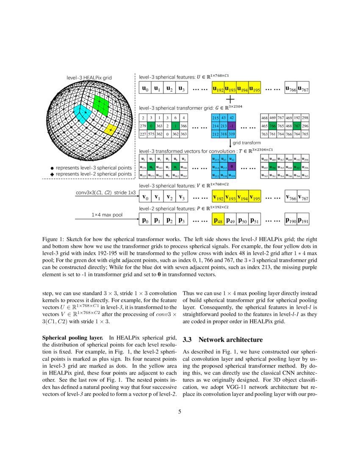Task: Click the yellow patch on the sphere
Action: click(110, 129)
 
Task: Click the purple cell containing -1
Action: click(231, 126)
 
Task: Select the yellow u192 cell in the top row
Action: click(218, 89)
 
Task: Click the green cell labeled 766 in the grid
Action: click(273, 126)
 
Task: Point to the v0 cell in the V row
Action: click(145, 197)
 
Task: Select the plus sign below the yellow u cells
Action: click(230, 99)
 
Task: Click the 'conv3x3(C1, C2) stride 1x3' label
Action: click(105, 192)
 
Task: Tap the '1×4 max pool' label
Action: click(107, 215)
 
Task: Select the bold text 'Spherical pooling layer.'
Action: click(73, 338)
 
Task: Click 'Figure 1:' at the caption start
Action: click(54, 239)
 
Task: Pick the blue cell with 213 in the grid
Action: click(224, 126)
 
